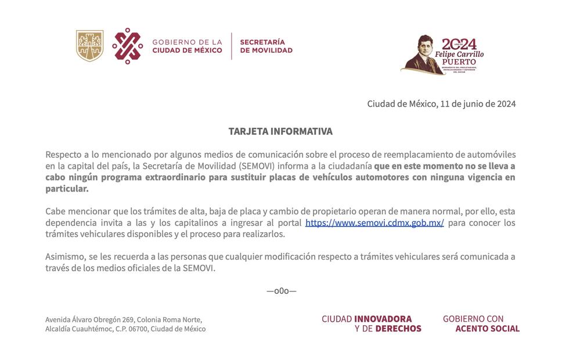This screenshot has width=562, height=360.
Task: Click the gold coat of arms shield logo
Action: click(x=90, y=46)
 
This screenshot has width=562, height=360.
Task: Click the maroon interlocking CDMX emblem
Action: click(x=128, y=46)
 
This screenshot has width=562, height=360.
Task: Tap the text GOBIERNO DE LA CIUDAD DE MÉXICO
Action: click(x=187, y=46)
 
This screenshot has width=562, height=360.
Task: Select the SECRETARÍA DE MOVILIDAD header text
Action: click(x=266, y=46)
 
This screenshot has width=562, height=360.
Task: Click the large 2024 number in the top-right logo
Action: click(x=459, y=44)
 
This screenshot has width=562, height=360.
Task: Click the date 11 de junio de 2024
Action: click(x=478, y=104)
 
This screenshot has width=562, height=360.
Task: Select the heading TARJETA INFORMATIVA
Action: click(x=280, y=131)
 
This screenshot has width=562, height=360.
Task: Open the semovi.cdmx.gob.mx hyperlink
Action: click(x=374, y=223)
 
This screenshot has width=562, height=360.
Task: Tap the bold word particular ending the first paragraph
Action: click(x=67, y=189)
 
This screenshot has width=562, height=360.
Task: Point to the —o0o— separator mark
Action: click(x=282, y=290)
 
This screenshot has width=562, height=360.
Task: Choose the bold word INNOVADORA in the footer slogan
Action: click(x=383, y=319)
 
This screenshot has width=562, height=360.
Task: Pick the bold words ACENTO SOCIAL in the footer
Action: click(x=487, y=329)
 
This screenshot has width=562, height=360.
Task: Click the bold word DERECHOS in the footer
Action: click(x=398, y=329)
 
